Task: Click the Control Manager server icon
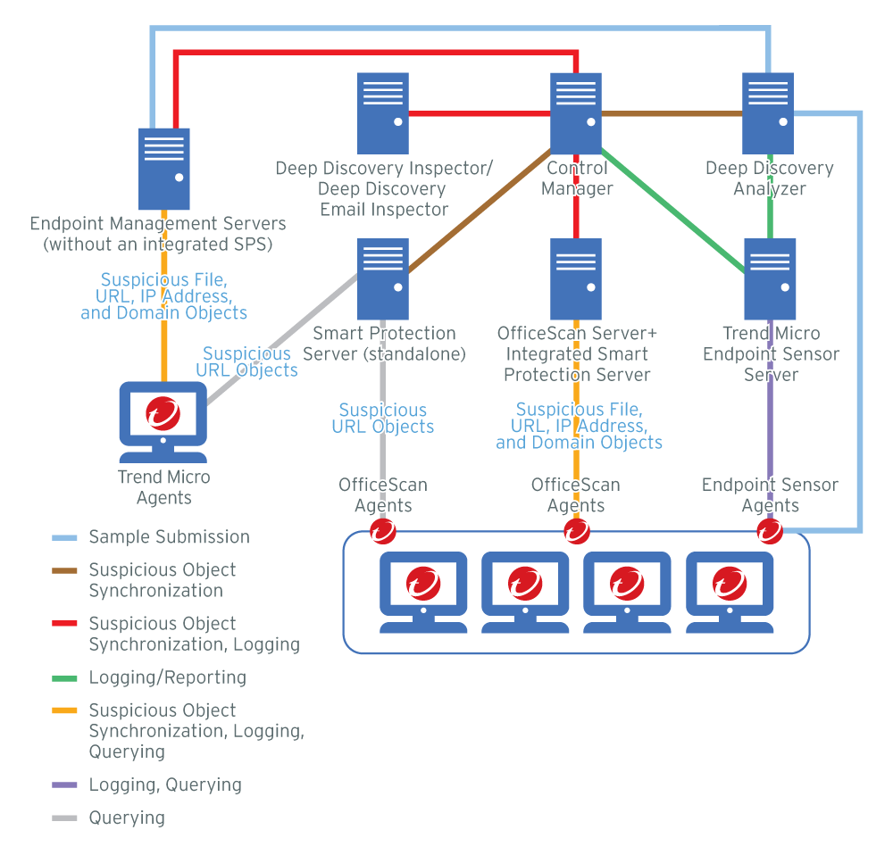pyautogui.click(x=576, y=112)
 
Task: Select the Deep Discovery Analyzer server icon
pyautogui.click(x=769, y=112)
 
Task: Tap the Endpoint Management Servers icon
pyautogui.click(x=164, y=169)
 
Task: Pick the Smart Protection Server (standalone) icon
pyautogui.click(x=382, y=278)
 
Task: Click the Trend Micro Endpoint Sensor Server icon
pyautogui.click(x=770, y=278)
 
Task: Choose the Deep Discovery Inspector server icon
pyautogui.click(x=383, y=112)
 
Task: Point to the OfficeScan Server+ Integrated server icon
pyautogui.click(x=576, y=278)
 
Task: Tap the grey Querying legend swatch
pyautogui.click(x=65, y=818)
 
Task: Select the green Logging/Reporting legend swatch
pyautogui.click(x=65, y=678)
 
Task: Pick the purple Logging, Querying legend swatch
pyautogui.click(x=65, y=786)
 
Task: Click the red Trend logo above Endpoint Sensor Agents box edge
pyautogui.click(x=769, y=532)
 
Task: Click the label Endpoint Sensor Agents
pyautogui.click(x=770, y=495)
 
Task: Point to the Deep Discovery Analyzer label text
pyautogui.click(x=769, y=178)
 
